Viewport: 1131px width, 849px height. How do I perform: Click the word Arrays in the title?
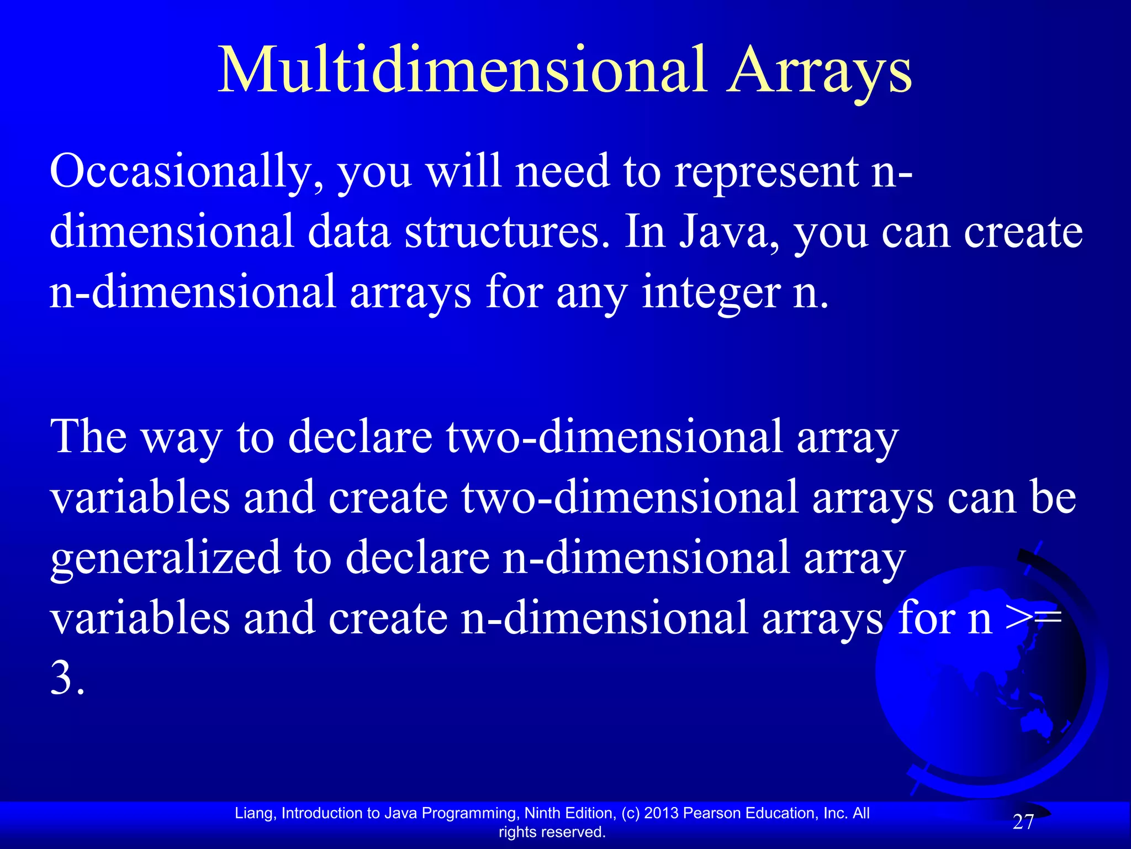click(820, 71)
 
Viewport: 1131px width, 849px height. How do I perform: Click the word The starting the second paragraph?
click(88, 437)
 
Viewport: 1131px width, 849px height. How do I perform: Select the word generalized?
click(166, 558)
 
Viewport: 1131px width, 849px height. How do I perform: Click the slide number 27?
click(1023, 822)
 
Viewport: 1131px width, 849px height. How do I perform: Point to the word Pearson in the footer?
click(712, 813)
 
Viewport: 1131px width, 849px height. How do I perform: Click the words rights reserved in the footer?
click(552, 832)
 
